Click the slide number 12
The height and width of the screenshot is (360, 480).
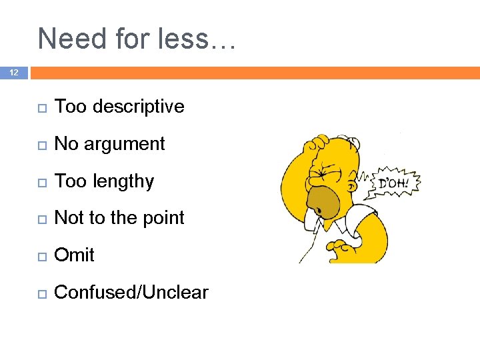tap(13, 73)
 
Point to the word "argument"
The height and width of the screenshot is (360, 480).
tap(125, 144)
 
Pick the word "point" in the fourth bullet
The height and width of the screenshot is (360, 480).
tap(164, 218)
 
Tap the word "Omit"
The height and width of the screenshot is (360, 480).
tap(74, 255)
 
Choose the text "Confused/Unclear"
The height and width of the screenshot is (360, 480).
tap(131, 293)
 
